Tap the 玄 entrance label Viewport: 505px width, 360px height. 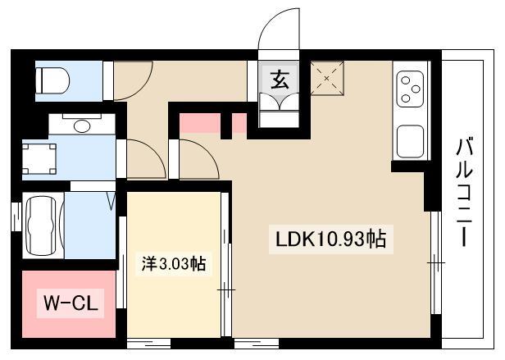(279, 80)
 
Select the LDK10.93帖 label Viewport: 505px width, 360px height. (331, 239)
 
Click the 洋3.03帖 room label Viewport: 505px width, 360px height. (174, 265)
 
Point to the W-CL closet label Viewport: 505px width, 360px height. (71, 303)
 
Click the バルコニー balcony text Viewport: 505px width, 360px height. (464, 193)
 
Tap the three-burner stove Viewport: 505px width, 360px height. (410, 89)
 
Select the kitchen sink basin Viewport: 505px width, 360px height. (410, 142)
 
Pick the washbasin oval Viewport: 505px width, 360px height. (82, 126)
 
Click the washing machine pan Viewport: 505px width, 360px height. (39, 159)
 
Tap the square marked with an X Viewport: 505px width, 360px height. (327, 79)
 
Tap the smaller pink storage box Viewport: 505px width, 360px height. (239, 123)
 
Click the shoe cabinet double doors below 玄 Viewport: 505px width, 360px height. (279, 102)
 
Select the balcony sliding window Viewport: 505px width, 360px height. (436, 262)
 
